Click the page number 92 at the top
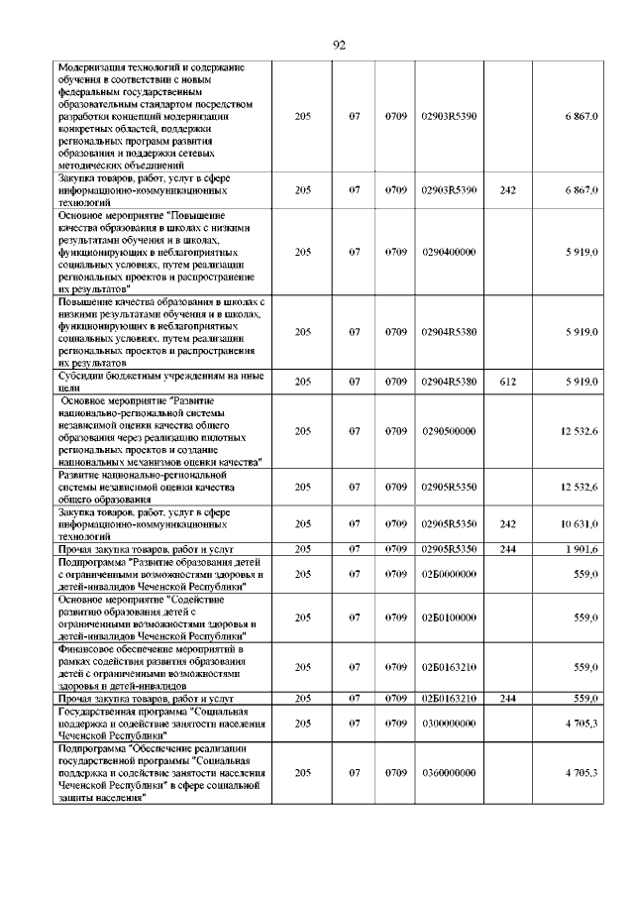[338, 45]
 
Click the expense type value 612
[508, 382]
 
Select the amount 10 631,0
[579, 523]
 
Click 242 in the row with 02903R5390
[508, 188]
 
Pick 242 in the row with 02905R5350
[508, 523]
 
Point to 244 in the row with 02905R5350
[508, 548]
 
